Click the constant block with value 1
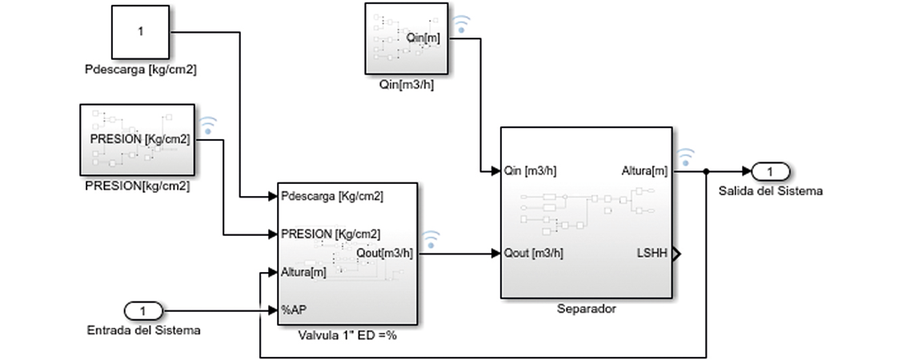tap(140, 32)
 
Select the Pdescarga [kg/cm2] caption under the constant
tap(140, 70)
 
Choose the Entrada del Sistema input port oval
tap(142, 310)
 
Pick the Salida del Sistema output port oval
tap(770, 171)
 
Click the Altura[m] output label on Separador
tap(644, 170)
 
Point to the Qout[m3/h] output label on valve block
tap(386, 254)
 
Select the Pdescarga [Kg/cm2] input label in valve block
tap(332, 196)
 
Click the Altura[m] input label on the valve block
tap(304, 272)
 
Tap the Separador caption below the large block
tap(587, 308)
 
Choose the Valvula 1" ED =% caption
tap(347, 335)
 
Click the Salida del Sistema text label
tap(770, 191)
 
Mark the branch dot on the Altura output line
tap(705, 171)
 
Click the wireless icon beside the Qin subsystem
tap(462, 24)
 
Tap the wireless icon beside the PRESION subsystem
tap(208, 126)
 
